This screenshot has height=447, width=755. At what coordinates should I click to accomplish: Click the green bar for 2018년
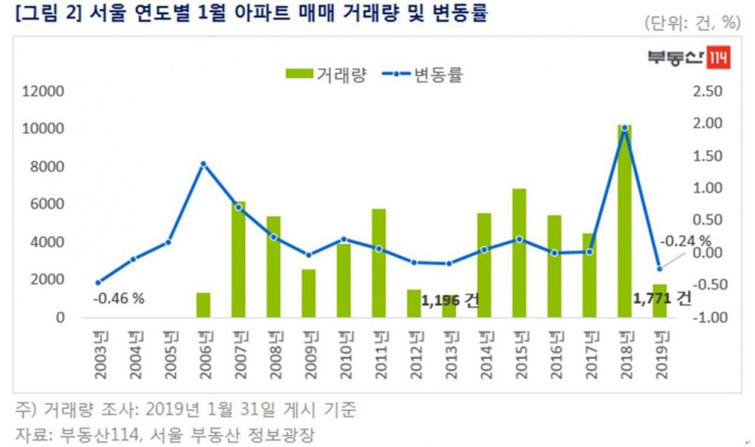coord(624,221)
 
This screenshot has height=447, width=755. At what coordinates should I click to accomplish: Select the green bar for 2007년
coord(238,259)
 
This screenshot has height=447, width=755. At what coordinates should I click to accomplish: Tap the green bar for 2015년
coord(519,253)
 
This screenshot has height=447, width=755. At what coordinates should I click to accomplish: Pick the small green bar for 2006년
coord(203,305)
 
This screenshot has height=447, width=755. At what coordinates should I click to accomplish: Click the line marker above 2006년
coord(203,164)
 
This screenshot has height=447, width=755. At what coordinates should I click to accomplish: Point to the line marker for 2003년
coord(98,283)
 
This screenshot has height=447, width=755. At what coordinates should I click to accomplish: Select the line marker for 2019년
coord(659,268)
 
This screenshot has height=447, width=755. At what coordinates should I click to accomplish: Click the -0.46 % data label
coord(118,299)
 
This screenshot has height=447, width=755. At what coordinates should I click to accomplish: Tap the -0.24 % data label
coord(685,241)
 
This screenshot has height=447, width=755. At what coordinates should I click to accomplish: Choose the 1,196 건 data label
coord(450,300)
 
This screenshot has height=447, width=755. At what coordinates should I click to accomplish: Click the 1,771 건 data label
coord(662,299)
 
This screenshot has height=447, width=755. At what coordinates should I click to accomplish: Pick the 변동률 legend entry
coord(424,74)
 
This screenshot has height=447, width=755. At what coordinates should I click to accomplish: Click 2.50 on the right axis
coord(709,91)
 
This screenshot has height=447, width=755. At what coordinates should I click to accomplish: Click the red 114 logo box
coord(718,58)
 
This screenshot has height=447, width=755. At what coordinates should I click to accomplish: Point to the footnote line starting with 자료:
coord(162,434)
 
